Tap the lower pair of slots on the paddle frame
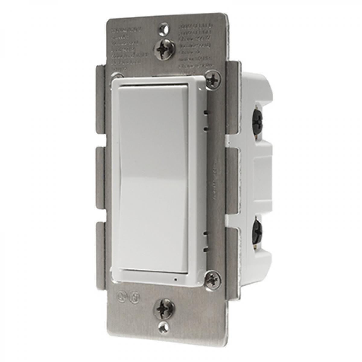pos(205,241)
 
